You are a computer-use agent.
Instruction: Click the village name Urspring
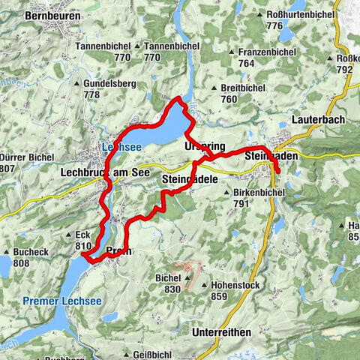tap(204, 145)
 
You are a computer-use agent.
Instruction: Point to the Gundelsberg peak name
tap(106, 84)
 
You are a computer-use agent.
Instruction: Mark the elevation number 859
tap(218, 295)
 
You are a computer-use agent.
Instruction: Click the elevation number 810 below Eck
tap(83, 245)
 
